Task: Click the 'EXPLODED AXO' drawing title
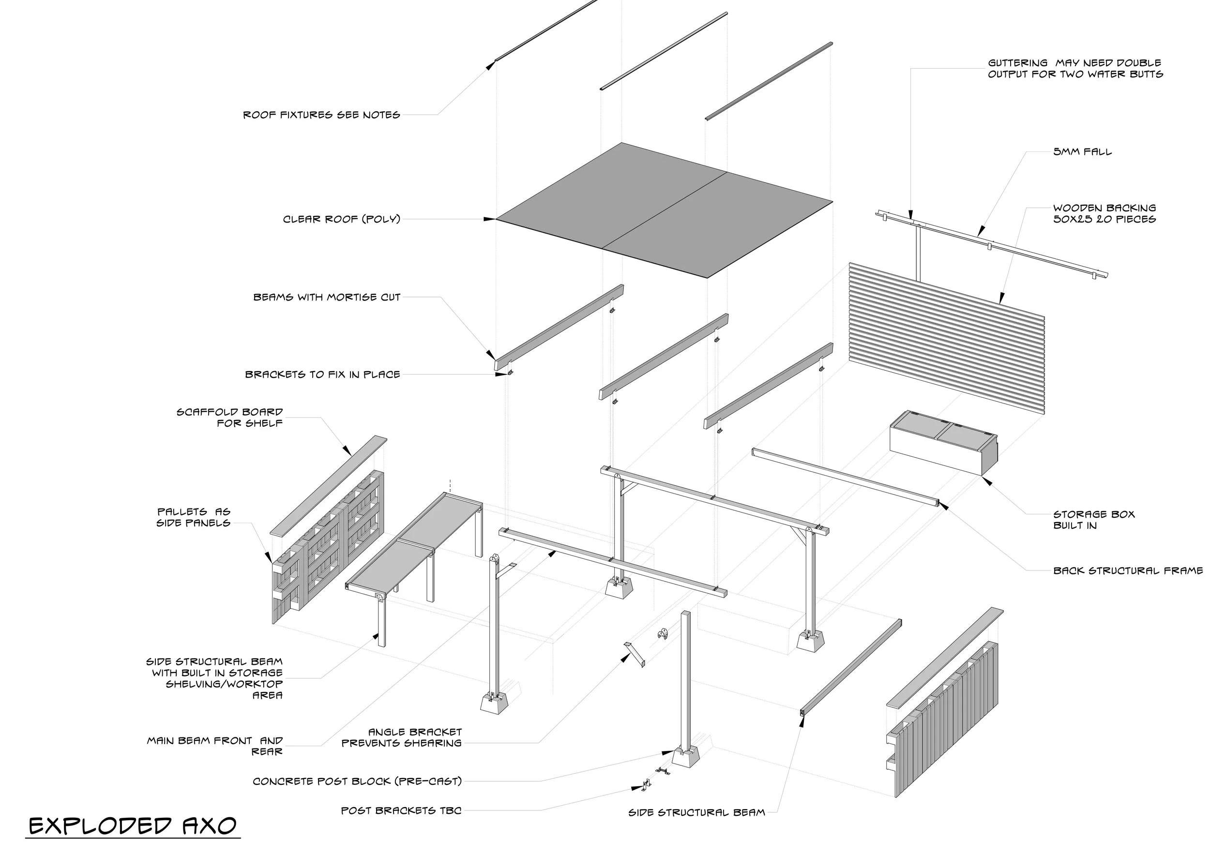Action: click(x=132, y=825)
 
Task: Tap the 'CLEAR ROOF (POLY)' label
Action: click(x=342, y=219)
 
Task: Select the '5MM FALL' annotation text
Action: click(x=1082, y=152)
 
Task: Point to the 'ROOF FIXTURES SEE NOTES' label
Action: click(x=321, y=115)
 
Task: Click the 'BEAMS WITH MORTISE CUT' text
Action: click(x=327, y=297)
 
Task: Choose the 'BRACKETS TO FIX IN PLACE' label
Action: click(x=322, y=375)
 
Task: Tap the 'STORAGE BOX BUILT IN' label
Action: click(x=1093, y=520)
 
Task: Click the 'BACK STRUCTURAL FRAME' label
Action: click(x=1128, y=570)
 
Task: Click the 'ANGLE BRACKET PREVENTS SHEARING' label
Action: click(x=402, y=737)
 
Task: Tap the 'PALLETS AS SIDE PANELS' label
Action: click(x=194, y=517)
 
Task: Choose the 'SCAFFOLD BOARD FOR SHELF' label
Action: click(x=230, y=417)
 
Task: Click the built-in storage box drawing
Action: click(x=943, y=443)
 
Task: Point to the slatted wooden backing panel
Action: click(x=946, y=337)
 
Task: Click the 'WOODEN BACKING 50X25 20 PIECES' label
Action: click(x=1104, y=213)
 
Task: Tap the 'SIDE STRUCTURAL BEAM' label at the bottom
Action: click(x=696, y=812)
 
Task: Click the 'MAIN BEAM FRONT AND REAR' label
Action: click(x=215, y=746)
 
